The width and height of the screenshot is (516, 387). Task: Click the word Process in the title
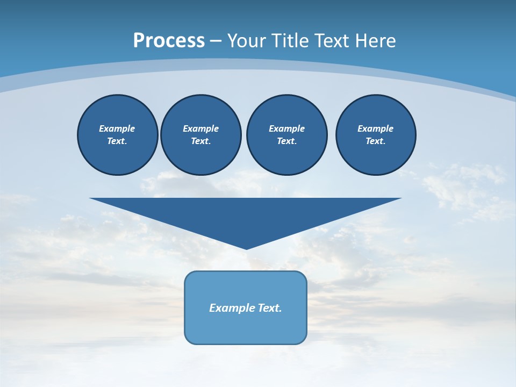point(169,40)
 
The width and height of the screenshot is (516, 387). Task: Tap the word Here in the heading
point(374,41)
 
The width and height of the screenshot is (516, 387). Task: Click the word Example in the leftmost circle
point(117,128)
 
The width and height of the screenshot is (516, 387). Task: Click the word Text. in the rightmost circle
point(376,141)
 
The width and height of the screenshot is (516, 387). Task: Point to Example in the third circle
point(287,128)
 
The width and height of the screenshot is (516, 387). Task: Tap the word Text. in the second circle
point(201,141)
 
